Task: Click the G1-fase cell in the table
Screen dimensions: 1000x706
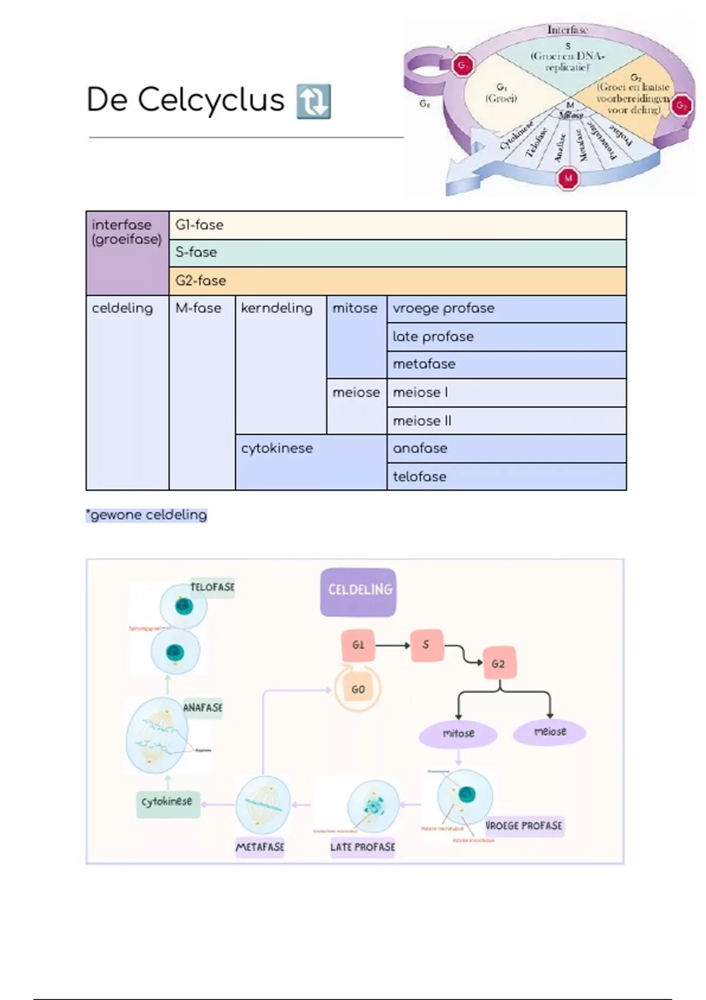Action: click(x=397, y=225)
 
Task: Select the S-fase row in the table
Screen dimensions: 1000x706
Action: click(x=397, y=253)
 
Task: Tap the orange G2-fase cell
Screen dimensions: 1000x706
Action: click(x=397, y=281)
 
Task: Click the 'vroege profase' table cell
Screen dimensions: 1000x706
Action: click(x=506, y=309)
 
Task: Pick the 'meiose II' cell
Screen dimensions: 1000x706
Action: click(x=506, y=421)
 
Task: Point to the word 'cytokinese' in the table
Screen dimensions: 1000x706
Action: click(x=277, y=448)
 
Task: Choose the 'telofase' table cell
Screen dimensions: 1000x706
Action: click(x=506, y=476)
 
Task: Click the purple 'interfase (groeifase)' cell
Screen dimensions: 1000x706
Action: click(x=127, y=253)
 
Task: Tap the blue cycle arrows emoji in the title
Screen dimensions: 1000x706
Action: click(x=314, y=101)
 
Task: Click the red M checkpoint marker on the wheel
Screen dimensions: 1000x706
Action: click(x=568, y=178)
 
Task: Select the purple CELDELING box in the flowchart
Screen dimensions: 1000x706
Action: click(x=358, y=592)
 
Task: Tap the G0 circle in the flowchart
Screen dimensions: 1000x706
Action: click(x=358, y=689)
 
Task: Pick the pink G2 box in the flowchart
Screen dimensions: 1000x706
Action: click(x=499, y=664)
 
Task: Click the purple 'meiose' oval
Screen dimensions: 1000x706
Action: click(x=550, y=732)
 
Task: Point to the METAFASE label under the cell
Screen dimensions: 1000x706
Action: click(x=259, y=847)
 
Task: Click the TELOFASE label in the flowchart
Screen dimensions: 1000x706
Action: click(x=212, y=587)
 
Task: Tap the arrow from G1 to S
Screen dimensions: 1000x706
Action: click(x=392, y=646)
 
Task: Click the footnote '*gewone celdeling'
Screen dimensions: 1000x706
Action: click(x=146, y=515)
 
